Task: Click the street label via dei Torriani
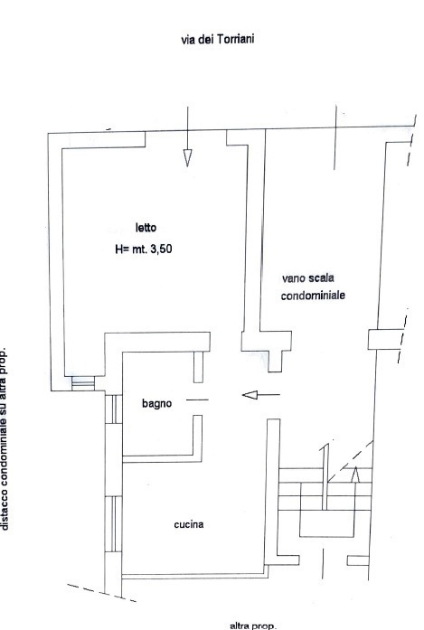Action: [218, 40]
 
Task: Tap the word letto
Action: [146, 228]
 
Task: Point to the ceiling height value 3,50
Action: [161, 249]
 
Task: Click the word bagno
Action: [156, 403]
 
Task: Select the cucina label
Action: [188, 524]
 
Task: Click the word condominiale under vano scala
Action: [313, 296]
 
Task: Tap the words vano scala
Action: [308, 277]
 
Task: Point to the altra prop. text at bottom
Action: [253, 625]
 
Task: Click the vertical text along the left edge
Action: [5, 438]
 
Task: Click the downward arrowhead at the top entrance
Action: [187, 157]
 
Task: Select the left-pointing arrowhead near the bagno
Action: [250, 395]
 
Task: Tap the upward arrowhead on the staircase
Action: [355, 475]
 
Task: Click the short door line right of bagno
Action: [197, 400]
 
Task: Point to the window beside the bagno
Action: [113, 409]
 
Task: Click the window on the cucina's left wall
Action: [113, 524]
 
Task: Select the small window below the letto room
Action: [83, 383]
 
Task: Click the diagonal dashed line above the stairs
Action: [351, 461]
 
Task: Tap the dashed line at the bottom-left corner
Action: [101, 593]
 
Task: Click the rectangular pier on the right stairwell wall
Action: [385, 340]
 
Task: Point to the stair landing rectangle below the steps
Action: [327, 523]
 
